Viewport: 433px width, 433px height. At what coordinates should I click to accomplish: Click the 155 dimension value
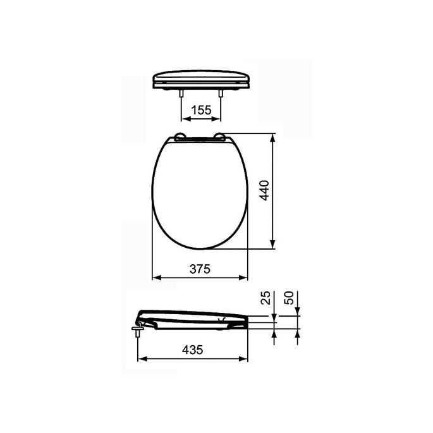pyautogui.click(x=201, y=110)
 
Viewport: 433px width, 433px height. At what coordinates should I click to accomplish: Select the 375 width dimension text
pyautogui.click(x=200, y=269)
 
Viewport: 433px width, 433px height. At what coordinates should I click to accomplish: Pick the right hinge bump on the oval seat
pyautogui.click(x=221, y=135)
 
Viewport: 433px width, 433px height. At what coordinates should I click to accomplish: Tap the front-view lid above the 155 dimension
pyautogui.click(x=202, y=78)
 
